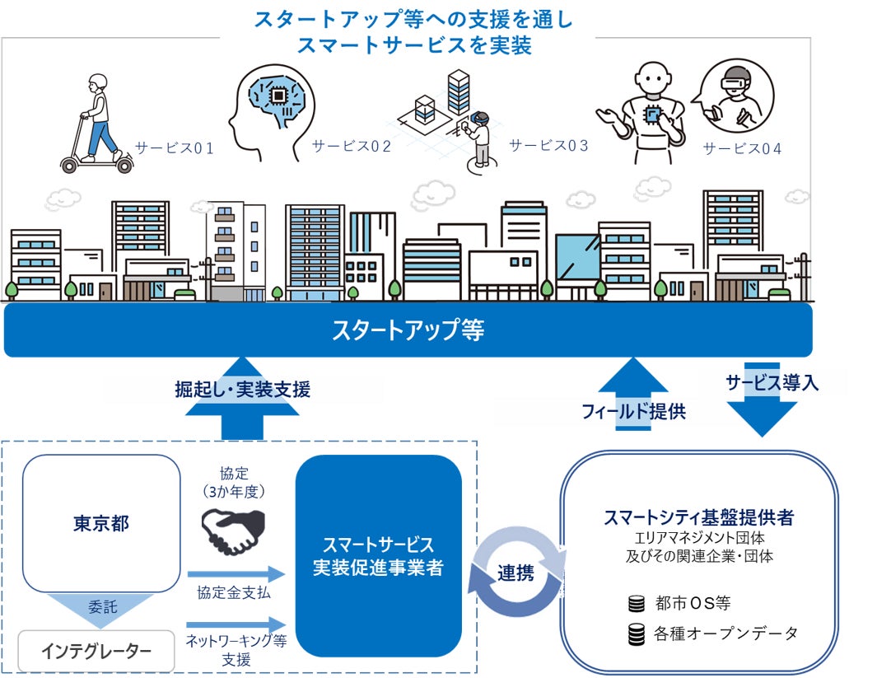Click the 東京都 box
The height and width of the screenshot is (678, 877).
coord(100,523)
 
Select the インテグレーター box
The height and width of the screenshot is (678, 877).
coord(96,652)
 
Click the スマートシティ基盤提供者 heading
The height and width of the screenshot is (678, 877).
coord(698,518)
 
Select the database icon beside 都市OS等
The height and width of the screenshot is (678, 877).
coord(636,604)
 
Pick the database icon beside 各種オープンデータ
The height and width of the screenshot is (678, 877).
coord(636,634)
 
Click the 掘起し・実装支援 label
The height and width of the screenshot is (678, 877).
coord(243,390)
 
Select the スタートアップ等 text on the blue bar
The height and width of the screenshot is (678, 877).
coord(408,330)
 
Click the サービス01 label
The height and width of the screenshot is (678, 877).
coord(175,149)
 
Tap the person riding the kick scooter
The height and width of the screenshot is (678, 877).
coord(96,124)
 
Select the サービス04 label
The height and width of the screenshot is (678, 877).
coord(743,149)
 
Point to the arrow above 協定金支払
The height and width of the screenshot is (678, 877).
coord(236,573)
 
